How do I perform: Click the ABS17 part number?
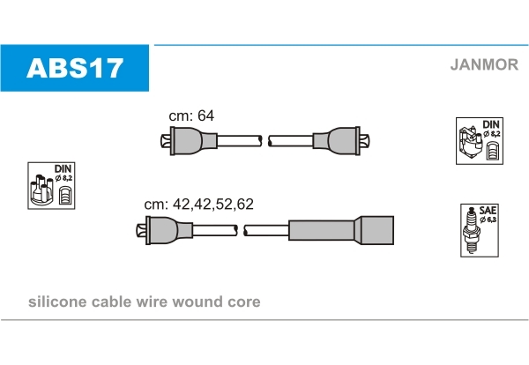pyautogui.click(x=75, y=68)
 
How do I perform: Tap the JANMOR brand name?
pyautogui.click(x=484, y=64)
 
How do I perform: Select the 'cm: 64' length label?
pyautogui.click(x=191, y=115)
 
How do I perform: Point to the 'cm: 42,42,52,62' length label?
pyautogui.click(x=198, y=204)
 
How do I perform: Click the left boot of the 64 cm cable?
pyautogui.click(x=189, y=141)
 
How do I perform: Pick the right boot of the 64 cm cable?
pyautogui.click(x=341, y=141)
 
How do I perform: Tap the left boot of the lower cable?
pyautogui.click(x=165, y=230)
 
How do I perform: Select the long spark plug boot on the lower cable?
pyautogui.click(x=341, y=230)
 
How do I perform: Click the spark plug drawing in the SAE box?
pyautogui.click(x=472, y=230)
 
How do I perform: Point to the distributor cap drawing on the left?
pyautogui.click(x=41, y=190)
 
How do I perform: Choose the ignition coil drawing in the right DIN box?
pyautogui.click(x=470, y=144)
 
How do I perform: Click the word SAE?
pyautogui.click(x=488, y=211)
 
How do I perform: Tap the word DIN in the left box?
pyautogui.click(x=63, y=168)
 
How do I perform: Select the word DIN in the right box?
pyautogui.click(x=491, y=124)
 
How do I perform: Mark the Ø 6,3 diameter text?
pyautogui.click(x=488, y=220)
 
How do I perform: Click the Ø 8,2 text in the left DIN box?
pyautogui.click(x=63, y=178)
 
